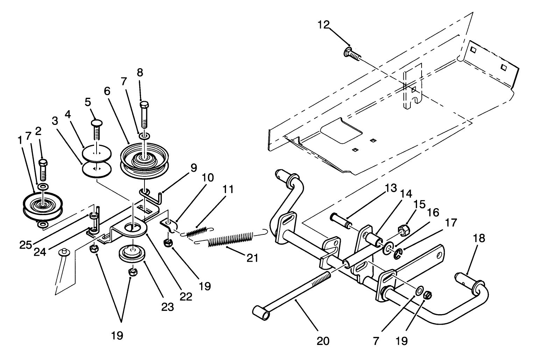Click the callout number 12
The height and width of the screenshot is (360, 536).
click(x=324, y=25)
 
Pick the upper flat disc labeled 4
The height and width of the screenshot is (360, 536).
click(x=97, y=153)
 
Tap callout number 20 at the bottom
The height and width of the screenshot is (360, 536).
click(x=323, y=341)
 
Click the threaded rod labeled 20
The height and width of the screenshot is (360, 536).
click(x=297, y=292)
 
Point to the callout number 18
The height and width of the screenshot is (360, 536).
click(x=479, y=239)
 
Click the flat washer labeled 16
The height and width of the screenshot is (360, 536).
click(x=388, y=249)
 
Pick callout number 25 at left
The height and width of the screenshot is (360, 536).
click(x=26, y=245)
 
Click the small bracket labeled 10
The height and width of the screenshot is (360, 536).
click(x=169, y=226)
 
